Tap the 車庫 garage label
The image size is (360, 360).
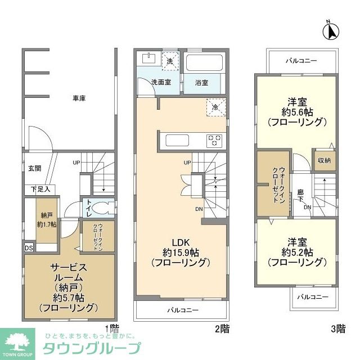click(79, 98)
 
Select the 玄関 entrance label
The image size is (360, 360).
click(35, 168)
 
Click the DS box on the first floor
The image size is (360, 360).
click(28, 246)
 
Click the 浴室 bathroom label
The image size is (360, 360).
click(202, 82)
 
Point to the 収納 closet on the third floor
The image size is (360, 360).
click(323, 161)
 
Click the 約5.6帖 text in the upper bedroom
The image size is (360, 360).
click(296, 111)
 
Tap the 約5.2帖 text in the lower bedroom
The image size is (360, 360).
click(296, 251)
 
